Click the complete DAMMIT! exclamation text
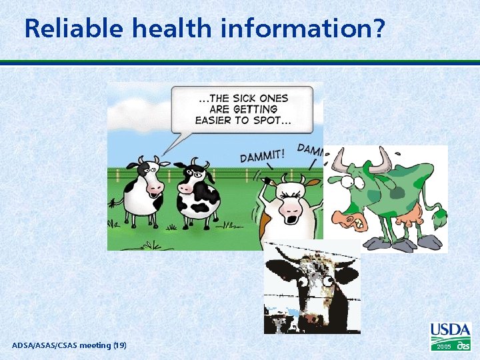click(x=263, y=155)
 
